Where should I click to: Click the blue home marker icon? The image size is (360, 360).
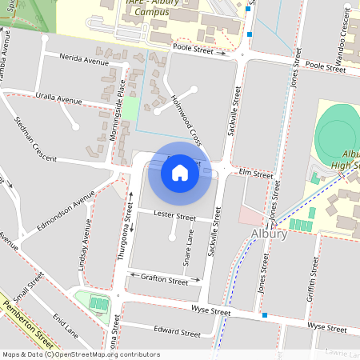[x=180, y=172]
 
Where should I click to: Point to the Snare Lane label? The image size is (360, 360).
[x=189, y=250]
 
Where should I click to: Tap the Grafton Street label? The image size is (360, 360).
[x=164, y=282]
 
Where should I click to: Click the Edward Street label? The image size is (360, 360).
[x=177, y=332]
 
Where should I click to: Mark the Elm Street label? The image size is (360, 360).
[x=256, y=174]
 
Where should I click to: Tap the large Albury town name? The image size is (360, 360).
[x=269, y=234]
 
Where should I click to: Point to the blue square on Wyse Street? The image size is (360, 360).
[x=265, y=316]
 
